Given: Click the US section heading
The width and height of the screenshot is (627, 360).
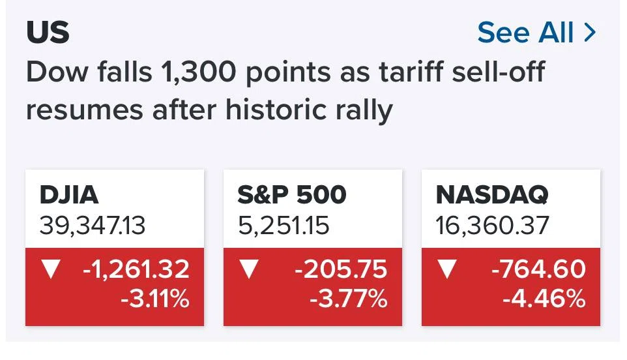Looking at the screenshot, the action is (48, 32).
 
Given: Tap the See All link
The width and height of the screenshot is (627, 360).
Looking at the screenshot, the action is (525, 33).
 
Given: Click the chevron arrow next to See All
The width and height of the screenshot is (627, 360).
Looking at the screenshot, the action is (590, 33).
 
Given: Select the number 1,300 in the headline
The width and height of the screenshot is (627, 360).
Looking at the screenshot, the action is (198, 72).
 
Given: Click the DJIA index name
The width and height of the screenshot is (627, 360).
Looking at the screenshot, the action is (69, 195).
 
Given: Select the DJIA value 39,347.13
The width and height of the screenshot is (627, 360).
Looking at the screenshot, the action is (93, 225).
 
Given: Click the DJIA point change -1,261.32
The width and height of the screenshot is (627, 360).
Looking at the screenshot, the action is (136, 269).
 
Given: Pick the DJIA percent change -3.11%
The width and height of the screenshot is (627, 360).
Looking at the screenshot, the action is (154, 299).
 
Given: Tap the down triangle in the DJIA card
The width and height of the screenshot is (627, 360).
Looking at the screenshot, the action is (51, 269).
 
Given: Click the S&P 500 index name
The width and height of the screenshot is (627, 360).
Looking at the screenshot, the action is (292, 195).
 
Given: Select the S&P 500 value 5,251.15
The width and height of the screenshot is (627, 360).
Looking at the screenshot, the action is (284, 225).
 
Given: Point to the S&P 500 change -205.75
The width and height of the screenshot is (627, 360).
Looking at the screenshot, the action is (341, 269).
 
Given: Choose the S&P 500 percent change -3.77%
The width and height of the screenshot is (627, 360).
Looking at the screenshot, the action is (349, 299).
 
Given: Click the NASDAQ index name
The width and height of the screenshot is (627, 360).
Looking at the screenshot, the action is (492, 195).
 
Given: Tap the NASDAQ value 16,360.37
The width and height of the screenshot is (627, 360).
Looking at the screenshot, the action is (492, 225).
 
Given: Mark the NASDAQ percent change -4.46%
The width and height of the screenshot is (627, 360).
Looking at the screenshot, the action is (544, 299).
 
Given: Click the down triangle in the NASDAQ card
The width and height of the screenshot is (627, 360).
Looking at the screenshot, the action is (447, 269).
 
